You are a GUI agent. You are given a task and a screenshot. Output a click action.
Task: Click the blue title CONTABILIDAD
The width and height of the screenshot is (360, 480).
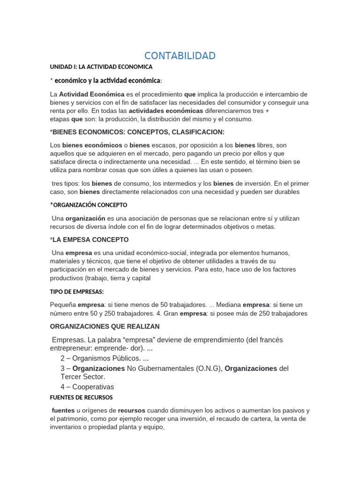(x=180, y=56)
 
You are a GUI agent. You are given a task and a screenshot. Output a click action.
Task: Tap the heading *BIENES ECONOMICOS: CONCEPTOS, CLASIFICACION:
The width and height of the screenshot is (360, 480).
(x=137, y=132)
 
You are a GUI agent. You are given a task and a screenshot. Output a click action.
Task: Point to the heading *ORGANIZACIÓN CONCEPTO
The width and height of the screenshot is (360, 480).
(x=89, y=205)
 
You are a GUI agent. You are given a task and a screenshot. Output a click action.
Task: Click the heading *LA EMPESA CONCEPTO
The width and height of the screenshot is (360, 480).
(x=89, y=240)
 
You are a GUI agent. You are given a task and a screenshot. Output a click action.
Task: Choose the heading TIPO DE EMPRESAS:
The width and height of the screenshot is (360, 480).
(x=76, y=292)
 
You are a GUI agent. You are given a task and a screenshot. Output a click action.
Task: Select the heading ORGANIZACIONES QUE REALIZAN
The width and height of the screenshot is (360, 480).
(x=105, y=326)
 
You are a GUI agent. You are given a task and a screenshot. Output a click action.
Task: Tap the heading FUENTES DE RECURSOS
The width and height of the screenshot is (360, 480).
(x=81, y=397)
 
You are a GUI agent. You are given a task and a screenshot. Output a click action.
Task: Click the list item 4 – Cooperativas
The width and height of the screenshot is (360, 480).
(x=87, y=387)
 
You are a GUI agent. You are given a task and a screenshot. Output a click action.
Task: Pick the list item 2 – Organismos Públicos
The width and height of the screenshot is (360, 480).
(x=101, y=359)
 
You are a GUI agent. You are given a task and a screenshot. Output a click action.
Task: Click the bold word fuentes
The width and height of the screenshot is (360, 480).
(x=63, y=410)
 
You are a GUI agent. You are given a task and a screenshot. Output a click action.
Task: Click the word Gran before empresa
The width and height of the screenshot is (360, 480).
(x=171, y=314)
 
